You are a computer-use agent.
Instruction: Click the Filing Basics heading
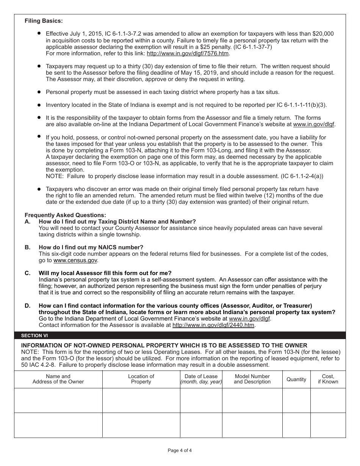(44, 21)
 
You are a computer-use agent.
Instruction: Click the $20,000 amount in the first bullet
(321, 34)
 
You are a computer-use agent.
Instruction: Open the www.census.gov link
(75, 260)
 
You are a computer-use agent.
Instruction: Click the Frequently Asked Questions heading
(66, 215)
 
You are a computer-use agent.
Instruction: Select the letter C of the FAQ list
(27, 273)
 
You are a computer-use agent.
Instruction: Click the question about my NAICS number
(91, 247)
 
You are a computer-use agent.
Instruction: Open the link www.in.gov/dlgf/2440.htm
(213, 325)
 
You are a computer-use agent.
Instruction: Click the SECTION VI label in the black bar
(34, 336)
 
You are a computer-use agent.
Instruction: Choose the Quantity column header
(296, 379)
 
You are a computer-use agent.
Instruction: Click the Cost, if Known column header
(328, 379)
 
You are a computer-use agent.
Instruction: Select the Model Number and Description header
(252, 379)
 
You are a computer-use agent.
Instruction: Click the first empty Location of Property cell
(141, 400)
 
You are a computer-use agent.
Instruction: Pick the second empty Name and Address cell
(58, 425)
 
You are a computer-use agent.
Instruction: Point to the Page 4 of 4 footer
(180, 450)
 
